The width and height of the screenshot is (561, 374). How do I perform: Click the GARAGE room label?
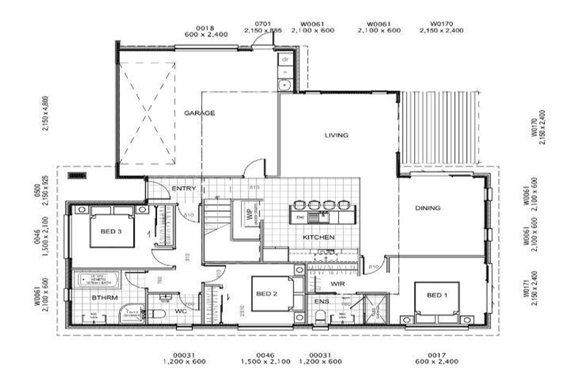(199, 113)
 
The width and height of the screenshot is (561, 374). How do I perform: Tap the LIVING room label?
(336, 135)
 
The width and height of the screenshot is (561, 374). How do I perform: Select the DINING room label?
(428, 208)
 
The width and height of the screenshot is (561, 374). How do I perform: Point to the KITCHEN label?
(318, 238)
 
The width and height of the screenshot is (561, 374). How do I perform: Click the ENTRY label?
(183, 189)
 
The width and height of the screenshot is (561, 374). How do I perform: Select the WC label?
(182, 311)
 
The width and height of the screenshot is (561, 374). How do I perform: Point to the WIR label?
(337, 284)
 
